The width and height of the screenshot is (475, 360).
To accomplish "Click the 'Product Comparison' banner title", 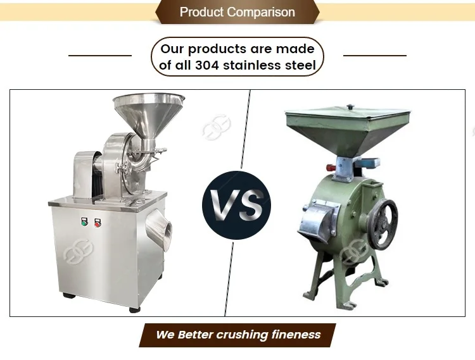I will click(237, 12).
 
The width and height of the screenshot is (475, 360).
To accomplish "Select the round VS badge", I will click(236, 204).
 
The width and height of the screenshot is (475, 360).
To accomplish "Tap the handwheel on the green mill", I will click(383, 225).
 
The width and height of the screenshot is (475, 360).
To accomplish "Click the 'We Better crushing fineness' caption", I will click(238, 335).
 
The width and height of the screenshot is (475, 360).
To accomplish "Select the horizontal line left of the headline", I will click(99, 56).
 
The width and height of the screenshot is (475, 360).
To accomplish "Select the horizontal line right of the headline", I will click(374, 56).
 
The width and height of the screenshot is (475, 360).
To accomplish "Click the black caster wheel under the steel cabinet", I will click(134, 308).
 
